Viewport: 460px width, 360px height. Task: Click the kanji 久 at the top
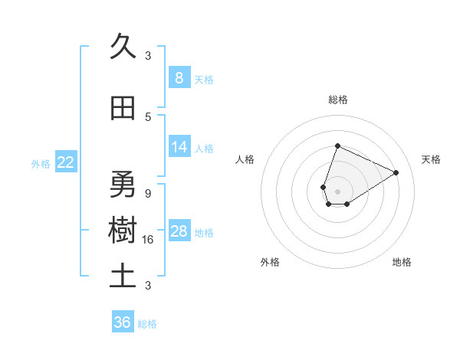point(123,47)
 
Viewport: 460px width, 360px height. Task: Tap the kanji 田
point(123,109)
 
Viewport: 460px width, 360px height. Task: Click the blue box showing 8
point(179,77)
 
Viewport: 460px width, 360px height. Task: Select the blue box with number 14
point(179,147)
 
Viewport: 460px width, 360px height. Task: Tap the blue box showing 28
point(179,231)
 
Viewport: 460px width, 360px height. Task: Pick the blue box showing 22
point(66,162)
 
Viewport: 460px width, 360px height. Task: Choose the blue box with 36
point(123,322)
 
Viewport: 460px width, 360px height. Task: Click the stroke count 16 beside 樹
point(148,239)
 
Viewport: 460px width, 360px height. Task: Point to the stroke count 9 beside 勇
point(148,193)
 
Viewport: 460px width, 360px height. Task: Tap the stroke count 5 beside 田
point(148,116)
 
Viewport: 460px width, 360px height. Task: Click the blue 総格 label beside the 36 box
point(147,324)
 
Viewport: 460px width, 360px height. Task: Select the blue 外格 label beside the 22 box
point(41,163)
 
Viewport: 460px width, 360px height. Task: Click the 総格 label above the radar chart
point(337,100)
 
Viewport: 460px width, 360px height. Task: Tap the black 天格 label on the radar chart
point(431,159)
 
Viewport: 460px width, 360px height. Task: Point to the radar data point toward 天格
point(396,172)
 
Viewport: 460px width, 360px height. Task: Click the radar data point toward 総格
point(337,146)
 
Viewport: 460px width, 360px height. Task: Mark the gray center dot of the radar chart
point(337,190)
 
